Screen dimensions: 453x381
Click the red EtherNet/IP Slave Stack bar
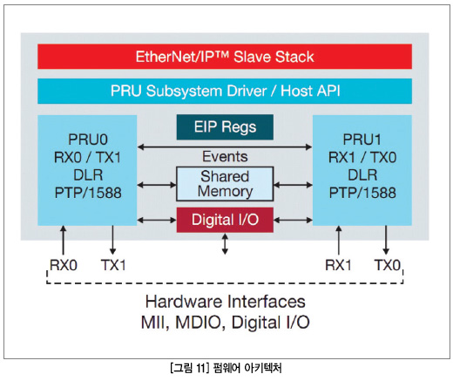click(x=225, y=57)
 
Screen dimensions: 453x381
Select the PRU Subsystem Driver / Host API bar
click(x=225, y=91)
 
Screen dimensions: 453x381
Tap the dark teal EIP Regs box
click(x=225, y=127)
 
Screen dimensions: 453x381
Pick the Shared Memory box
click(x=225, y=184)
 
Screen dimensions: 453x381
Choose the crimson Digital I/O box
click(x=225, y=220)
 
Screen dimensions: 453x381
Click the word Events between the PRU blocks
click(x=225, y=156)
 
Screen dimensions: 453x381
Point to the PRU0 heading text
click(x=88, y=139)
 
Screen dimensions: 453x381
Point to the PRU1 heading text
click(x=362, y=139)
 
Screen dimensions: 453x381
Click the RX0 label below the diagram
click(x=64, y=265)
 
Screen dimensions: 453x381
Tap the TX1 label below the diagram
click(x=113, y=265)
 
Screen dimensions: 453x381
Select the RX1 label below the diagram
click(x=338, y=265)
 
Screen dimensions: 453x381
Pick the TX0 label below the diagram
click(x=388, y=265)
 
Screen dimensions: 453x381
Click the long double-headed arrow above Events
click(x=225, y=147)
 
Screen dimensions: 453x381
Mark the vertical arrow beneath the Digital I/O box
click(x=225, y=244)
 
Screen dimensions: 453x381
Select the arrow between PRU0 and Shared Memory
click(x=157, y=185)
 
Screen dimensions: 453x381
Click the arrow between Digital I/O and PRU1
click(x=293, y=221)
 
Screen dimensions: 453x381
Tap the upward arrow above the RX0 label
click(x=63, y=240)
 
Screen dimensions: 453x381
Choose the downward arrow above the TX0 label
click(x=386, y=240)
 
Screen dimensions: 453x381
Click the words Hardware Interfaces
click(x=226, y=302)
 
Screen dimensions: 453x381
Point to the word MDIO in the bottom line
click(x=199, y=323)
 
